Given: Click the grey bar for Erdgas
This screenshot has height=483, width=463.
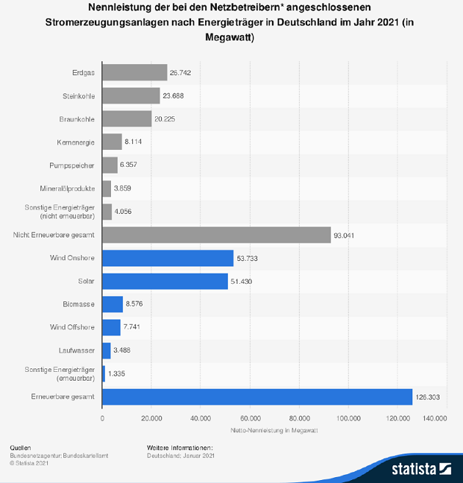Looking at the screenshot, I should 134,73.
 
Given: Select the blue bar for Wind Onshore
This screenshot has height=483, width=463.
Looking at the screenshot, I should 168,258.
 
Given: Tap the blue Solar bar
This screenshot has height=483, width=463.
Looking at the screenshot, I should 165,282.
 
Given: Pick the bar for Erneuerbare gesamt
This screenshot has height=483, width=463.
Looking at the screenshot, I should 257,398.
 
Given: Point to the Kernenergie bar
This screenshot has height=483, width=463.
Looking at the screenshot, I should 112,142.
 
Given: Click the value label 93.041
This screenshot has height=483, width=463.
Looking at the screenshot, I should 345,235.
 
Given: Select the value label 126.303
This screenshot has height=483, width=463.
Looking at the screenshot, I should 427,398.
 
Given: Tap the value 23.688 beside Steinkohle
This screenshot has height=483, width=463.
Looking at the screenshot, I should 173,96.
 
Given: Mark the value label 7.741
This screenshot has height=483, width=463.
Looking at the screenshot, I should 133,328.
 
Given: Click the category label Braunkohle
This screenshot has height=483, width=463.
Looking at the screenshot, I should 76,119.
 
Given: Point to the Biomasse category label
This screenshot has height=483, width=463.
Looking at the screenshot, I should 79,304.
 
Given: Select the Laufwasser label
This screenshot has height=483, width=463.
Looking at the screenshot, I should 78,351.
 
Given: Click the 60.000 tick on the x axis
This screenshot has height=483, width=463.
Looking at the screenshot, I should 250,418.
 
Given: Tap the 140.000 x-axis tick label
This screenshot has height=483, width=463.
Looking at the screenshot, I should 436,418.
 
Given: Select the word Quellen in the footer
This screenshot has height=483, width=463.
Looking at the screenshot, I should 21,447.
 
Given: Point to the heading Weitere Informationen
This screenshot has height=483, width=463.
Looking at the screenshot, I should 180,447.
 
